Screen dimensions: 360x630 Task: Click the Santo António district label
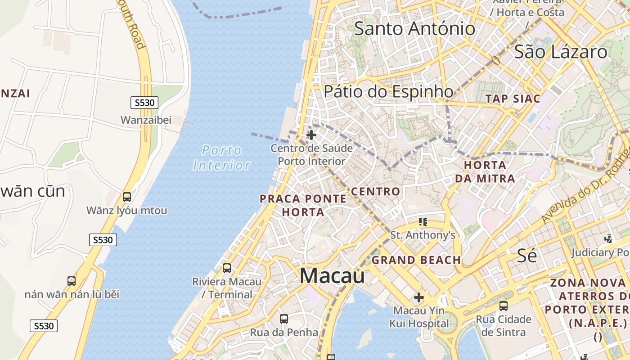[x=414, y=29]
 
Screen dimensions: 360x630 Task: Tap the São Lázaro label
[x=560, y=52]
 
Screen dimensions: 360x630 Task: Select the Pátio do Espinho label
[x=389, y=91]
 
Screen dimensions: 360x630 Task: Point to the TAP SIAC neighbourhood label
[x=513, y=99]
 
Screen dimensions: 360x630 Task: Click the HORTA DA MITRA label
[x=485, y=171]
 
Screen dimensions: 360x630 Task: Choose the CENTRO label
[x=375, y=191]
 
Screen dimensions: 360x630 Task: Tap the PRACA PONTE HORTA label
[x=303, y=205]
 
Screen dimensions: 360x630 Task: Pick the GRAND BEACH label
[x=416, y=260]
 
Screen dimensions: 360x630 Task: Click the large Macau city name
[x=332, y=275]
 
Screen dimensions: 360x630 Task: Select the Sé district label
[x=526, y=256]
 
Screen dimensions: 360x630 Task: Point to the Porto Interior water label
[x=221, y=157]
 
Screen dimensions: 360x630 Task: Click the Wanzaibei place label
[x=146, y=120]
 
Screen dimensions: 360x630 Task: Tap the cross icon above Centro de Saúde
[x=311, y=135]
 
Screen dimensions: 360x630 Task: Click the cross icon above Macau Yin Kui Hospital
[x=419, y=297]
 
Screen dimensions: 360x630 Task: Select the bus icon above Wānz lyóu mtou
[x=127, y=197]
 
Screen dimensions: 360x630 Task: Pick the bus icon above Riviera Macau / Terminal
[x=227, y=268]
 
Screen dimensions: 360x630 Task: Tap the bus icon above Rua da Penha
[x=284, y=319]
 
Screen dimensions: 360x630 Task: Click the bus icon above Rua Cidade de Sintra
[x=504, y=306]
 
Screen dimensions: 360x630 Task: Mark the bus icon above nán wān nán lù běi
[x=72, y=281]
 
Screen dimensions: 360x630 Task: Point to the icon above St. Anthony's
[x=423, y=221]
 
